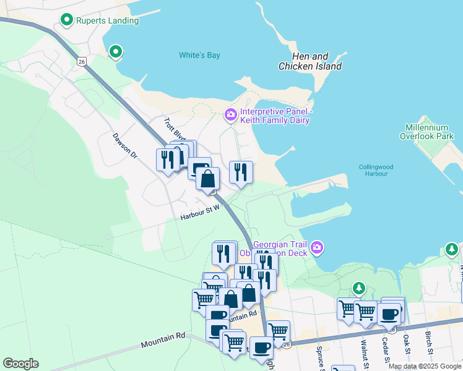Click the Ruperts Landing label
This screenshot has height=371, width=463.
tap(106, 21)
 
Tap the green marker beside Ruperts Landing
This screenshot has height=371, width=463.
tap(67, 20)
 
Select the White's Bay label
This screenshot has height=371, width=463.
tap(199, 56)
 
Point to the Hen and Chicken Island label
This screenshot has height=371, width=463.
tap(310, 61)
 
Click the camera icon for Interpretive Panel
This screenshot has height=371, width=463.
tap(230, 114)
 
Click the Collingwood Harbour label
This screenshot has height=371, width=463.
tap(373, 170)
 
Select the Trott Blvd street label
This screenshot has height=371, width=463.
tap(175, 129)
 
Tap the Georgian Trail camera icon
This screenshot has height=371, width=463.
tap(318, 248)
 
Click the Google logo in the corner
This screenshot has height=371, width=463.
tap(20, 364)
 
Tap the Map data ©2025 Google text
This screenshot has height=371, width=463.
tap(425, 366)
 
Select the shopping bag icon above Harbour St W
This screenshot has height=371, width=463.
tap(208, 179)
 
